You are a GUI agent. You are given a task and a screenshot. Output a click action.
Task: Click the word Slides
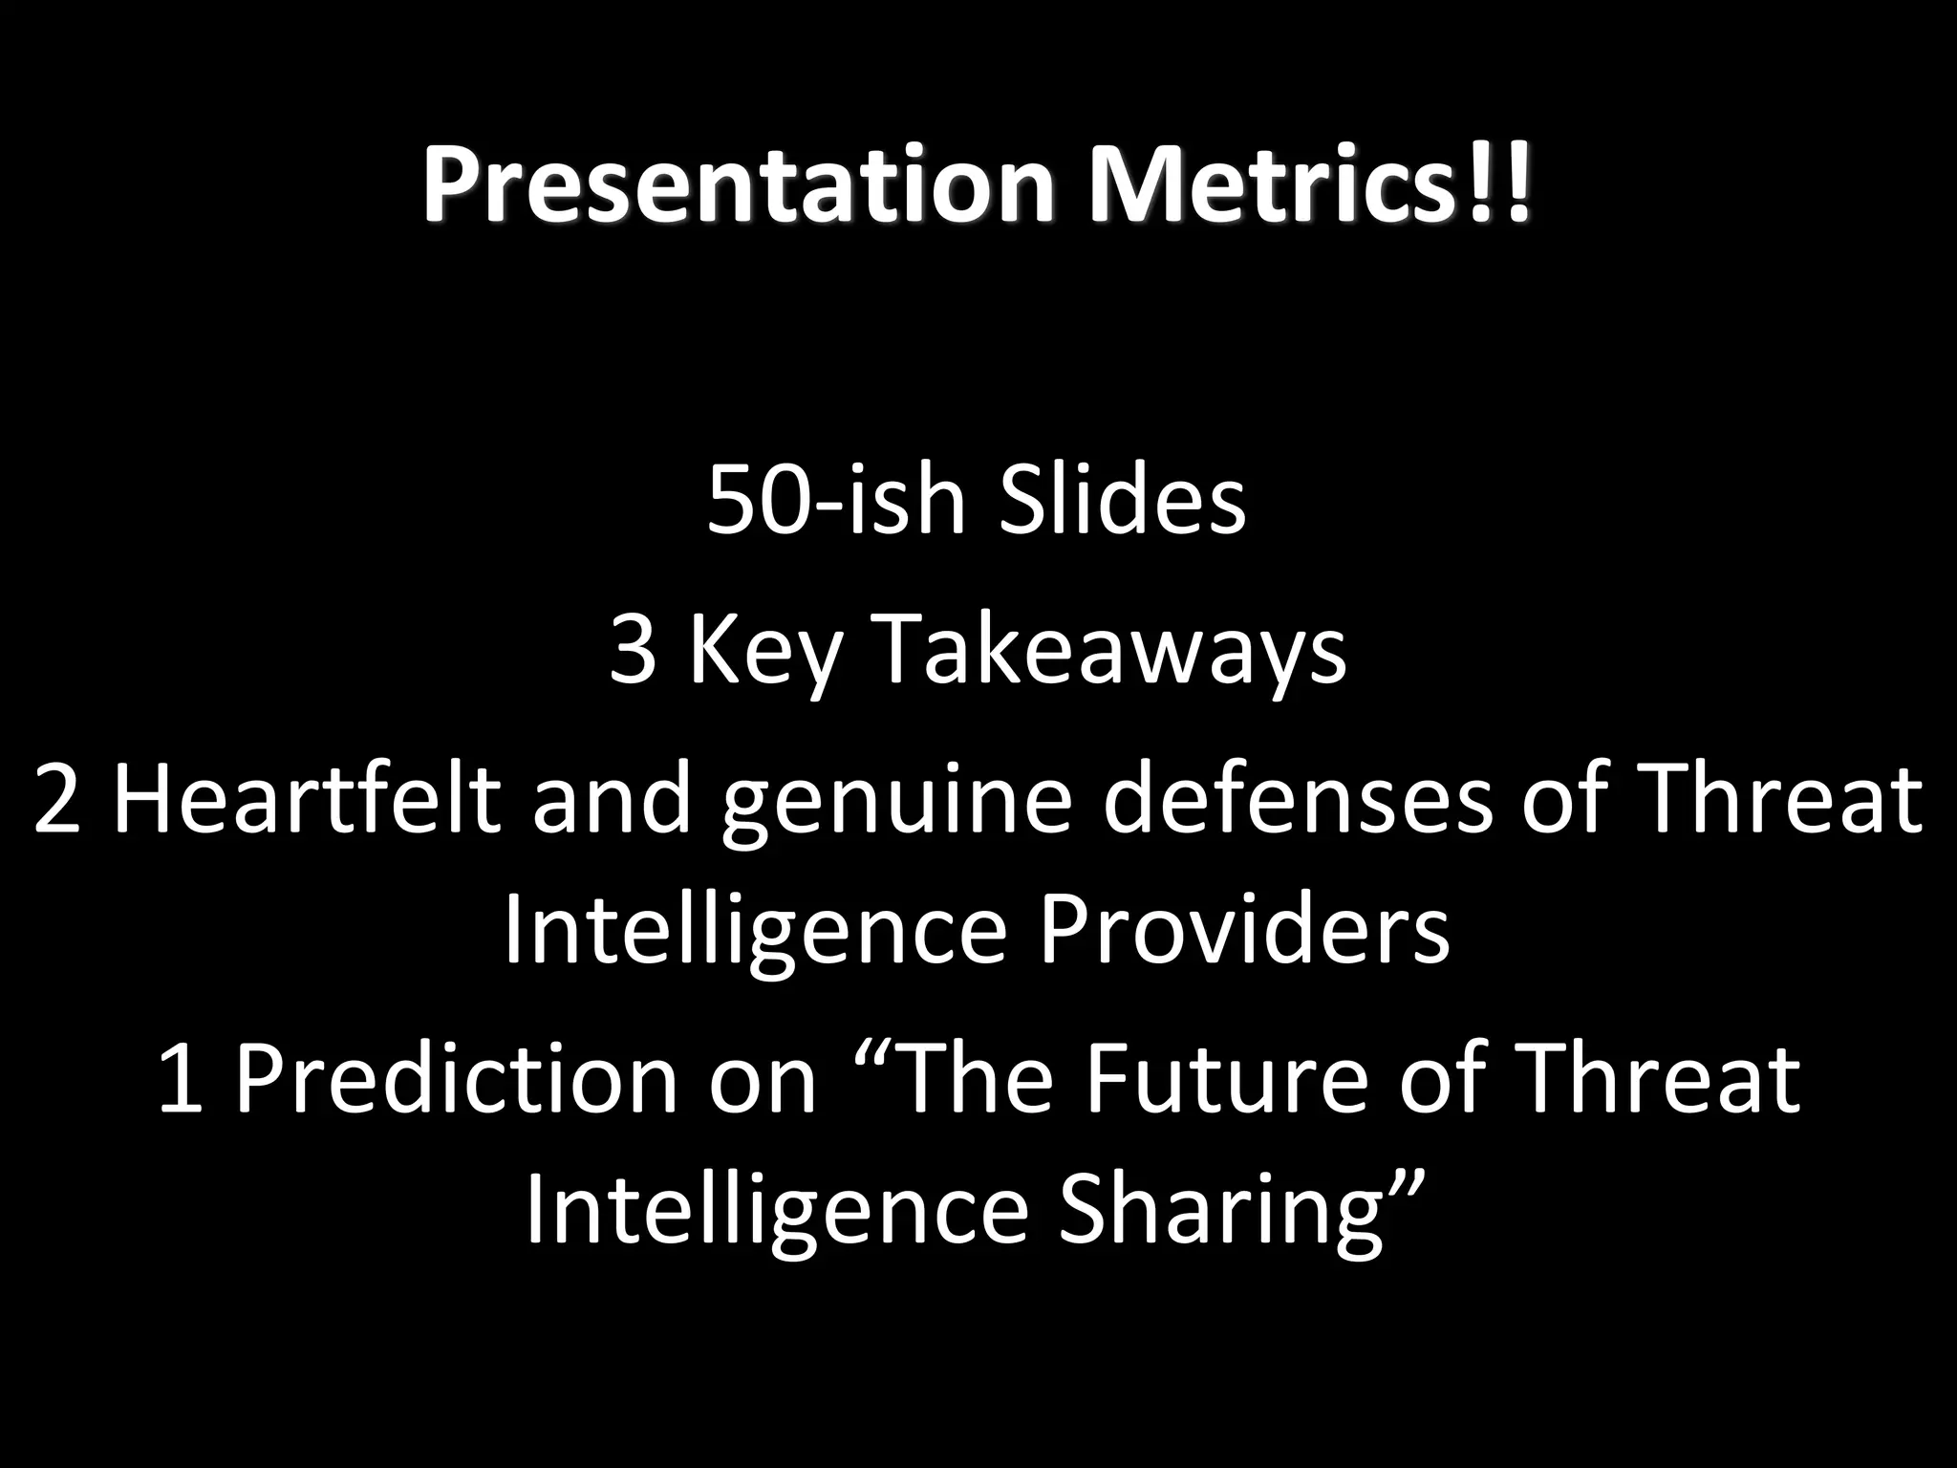click(1123, 501)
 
